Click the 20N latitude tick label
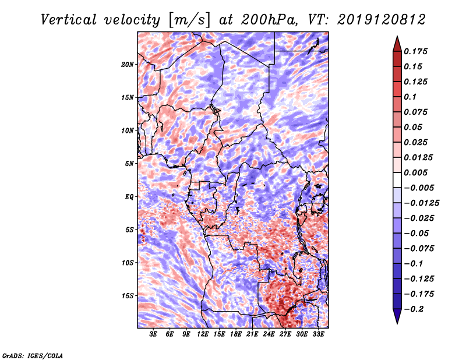[x=128, y=64]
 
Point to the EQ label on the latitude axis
[x=129, y=197]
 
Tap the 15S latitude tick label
[x=128, y=296]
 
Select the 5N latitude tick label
[x=129, y=164]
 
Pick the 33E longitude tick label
[x=318, y=334]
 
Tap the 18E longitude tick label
[x=235, y=334]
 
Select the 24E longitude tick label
[x=269, y=334]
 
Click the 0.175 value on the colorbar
[x=416, y=51]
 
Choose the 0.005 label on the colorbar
[x=416, y=172]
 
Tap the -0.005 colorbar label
[x=419, y=188]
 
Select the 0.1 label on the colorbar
[x=411, y=97]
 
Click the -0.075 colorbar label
[x=419, y=248]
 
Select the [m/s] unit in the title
[x=186, y=20]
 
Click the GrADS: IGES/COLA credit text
[x=32, y=355]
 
